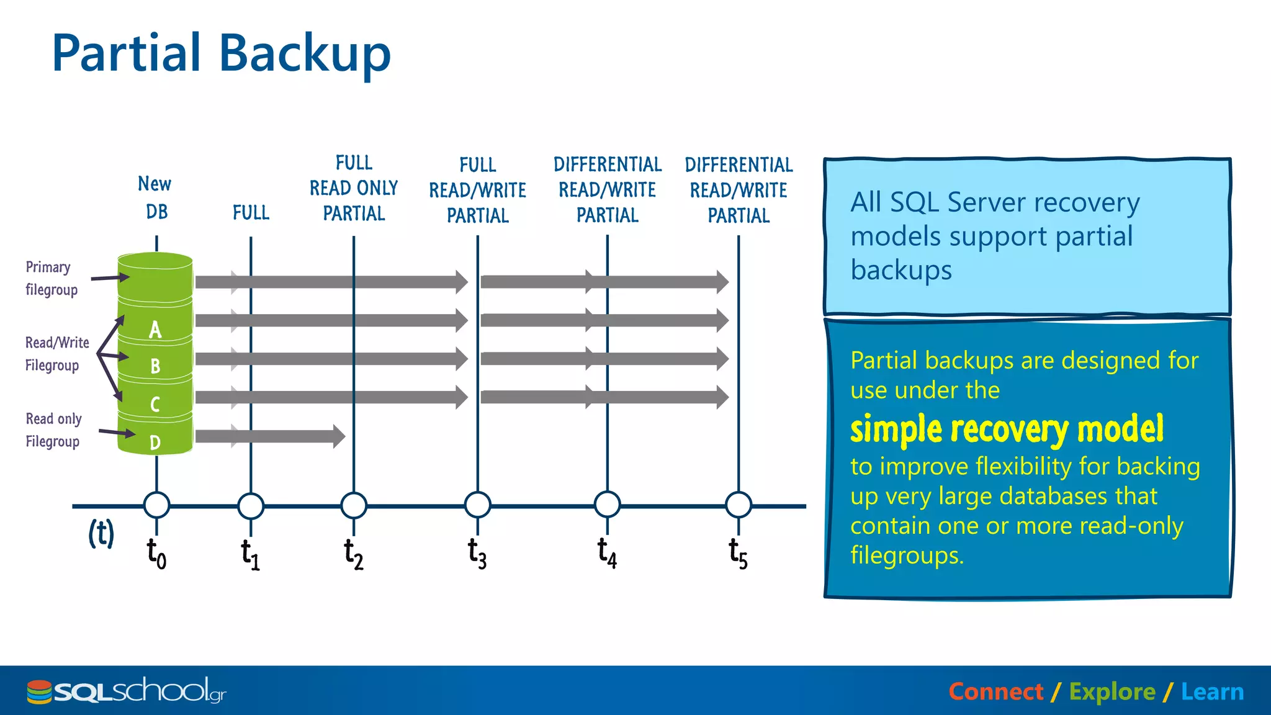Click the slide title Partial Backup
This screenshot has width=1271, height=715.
221,53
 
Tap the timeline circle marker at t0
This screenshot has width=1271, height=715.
156,505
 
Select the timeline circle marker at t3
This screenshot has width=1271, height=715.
477,505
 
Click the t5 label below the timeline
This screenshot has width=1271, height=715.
738,554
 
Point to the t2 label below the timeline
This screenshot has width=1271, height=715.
354,554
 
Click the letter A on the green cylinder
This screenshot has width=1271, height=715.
155,330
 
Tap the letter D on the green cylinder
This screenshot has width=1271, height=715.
155,443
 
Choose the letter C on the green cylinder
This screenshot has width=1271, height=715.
155,405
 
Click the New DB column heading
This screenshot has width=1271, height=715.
155,197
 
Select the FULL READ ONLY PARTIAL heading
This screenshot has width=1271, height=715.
354,188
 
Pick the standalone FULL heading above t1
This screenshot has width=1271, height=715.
251,213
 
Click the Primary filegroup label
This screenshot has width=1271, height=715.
51,279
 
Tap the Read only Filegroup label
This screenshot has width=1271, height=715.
53,430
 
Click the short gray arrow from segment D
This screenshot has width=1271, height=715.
270,436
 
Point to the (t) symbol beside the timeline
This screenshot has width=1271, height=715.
101,533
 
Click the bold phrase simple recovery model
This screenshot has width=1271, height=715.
1007,429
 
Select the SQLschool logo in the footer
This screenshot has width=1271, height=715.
127,691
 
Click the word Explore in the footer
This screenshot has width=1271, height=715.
1112,691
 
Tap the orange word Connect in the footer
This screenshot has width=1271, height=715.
996,691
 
